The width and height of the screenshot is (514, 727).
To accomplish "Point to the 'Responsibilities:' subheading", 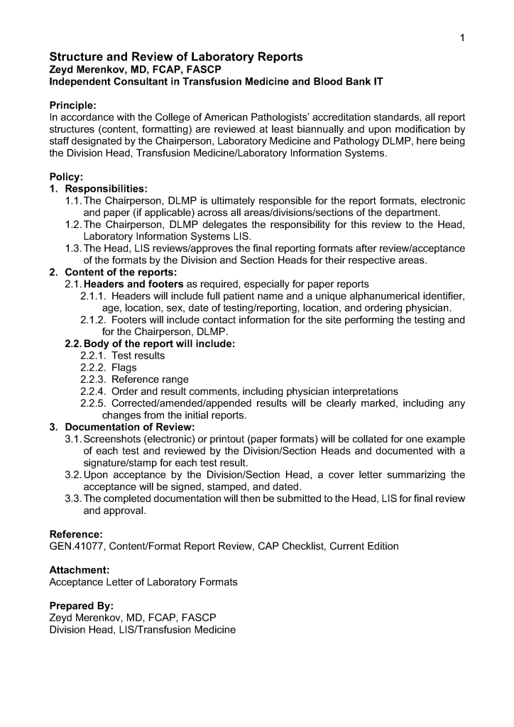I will (x=106, y=189).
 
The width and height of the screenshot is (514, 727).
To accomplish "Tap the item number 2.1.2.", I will (x=93, y=319).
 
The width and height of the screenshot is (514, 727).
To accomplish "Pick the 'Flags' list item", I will (x=124, y=368).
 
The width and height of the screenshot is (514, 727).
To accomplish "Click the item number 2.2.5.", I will (x=93, y=403).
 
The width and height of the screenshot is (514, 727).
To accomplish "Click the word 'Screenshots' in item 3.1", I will (x=111, y=439).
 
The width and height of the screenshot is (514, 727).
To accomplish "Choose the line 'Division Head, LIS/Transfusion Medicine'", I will (x=142, y=630).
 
